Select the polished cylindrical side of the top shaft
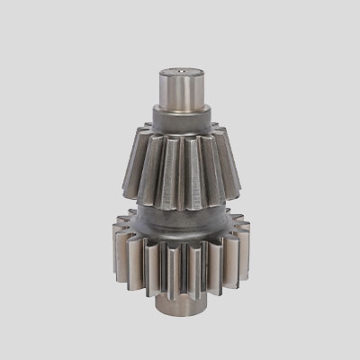coord(184,88)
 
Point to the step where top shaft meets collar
coord(184,105)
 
